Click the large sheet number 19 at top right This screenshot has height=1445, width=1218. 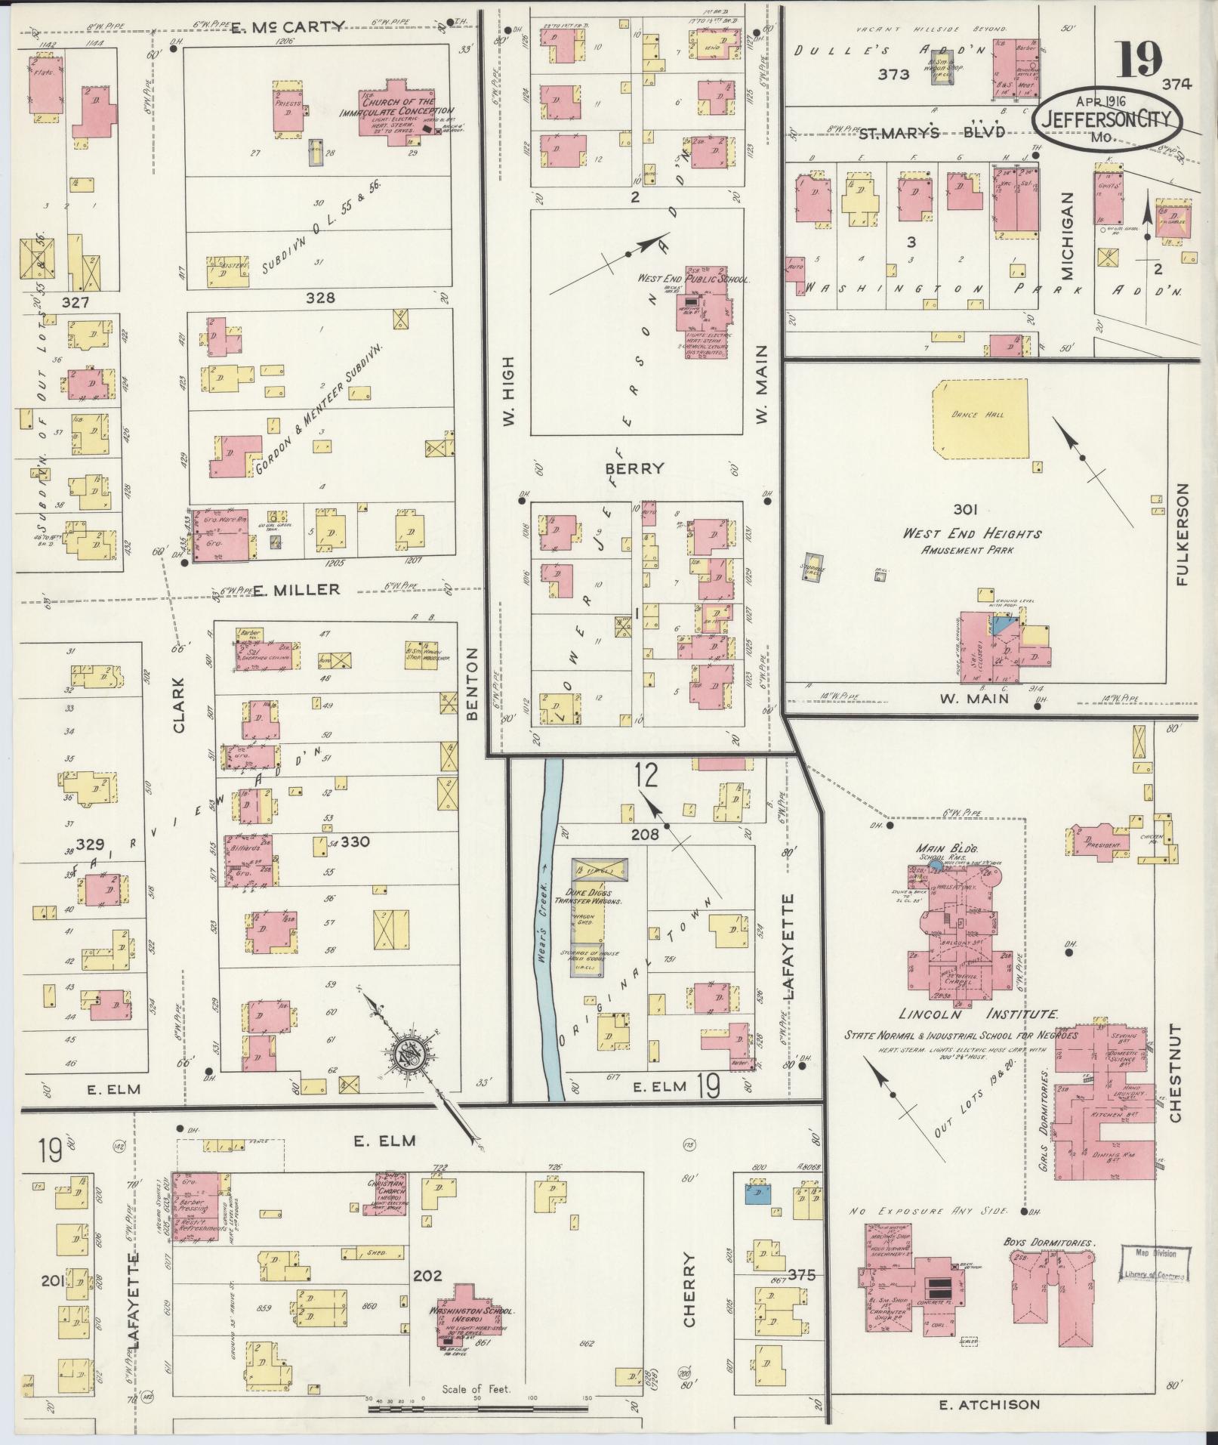pyautogui.click(x=1139, y=59)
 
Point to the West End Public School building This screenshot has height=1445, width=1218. pyautogui.click(x=707, y=310)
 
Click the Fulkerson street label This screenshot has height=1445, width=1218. pyautogui.click(x=1182, y=536)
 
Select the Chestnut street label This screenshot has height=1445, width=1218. pyautogui.click(x=1176, y=1073)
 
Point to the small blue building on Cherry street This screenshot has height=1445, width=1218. pyautogui.click(x=757, y=1215)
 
